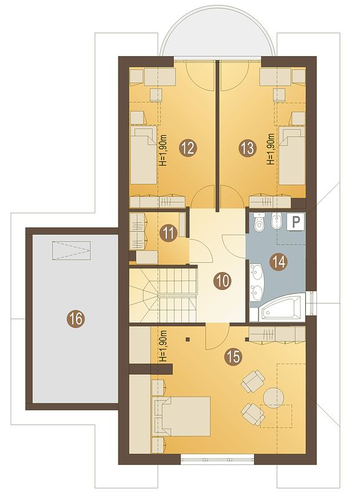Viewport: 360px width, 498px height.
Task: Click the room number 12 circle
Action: [188, 148]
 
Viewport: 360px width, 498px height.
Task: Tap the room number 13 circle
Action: [247, 148]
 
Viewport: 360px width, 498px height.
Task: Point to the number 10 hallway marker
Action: [224, 281]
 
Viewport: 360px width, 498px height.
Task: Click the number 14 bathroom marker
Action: [278, 262]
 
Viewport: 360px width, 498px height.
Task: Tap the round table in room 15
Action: [273, 396]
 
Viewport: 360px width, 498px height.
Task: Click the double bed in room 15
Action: [181, 416]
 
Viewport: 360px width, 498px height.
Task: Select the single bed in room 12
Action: [144, 154]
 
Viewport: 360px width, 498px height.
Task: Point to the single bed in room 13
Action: [291, 154]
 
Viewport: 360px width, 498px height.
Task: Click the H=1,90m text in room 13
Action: [271, 149]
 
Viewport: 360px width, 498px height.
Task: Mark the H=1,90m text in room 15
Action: [163, 346]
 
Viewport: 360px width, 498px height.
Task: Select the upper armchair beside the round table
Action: [253, 381]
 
